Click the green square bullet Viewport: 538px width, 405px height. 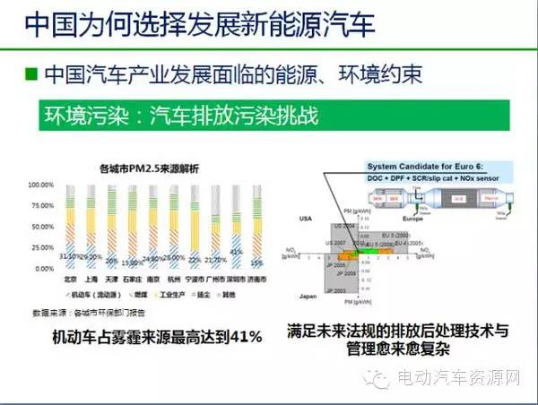click(32, 73)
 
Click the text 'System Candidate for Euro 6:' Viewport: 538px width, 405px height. click(413, 168)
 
